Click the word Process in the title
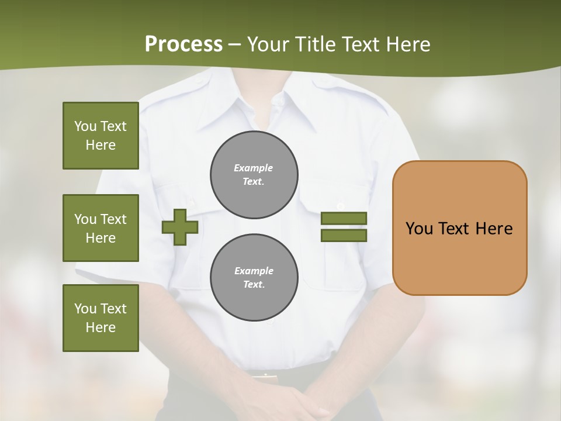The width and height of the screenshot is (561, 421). click(183, 44)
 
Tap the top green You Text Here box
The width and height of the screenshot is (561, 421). click(101, 136)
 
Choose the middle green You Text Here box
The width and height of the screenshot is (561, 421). click(101, 228)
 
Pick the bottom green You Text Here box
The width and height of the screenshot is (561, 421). click(101, 318)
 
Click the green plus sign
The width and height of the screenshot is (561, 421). click(179, 227)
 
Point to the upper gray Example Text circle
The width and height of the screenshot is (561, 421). click(254, 175)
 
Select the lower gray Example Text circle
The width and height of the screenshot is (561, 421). click(254, 278)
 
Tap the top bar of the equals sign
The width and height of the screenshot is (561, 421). click(344, 219)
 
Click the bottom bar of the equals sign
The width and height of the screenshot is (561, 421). click(344, 236)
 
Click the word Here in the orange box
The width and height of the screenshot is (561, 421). click(494, 229)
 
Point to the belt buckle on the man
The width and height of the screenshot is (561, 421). click(264, 375)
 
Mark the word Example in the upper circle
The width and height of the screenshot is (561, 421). click(253, 168)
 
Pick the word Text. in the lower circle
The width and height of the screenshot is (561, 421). click(254, 285)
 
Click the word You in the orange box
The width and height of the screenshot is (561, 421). click(419, 229)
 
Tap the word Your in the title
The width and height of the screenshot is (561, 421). click(268, 44)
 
